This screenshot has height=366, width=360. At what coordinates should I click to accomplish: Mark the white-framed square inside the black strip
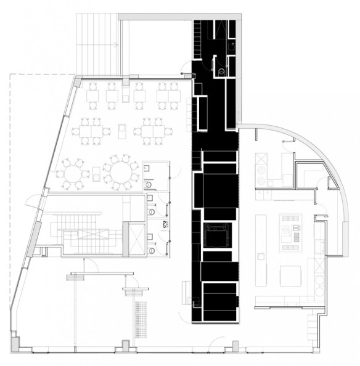216,236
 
